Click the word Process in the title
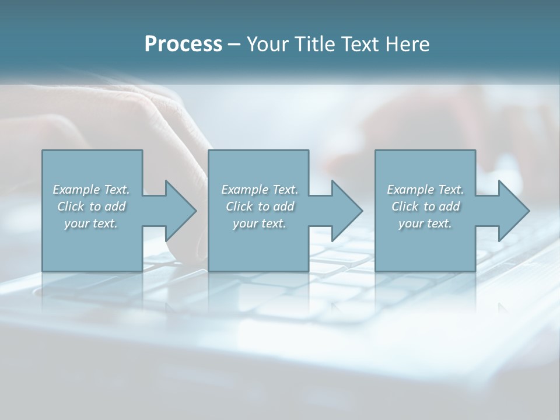click(183, 44)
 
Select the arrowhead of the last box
click(513, 211)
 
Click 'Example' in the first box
click(76, 190)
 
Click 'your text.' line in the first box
click(91, 223)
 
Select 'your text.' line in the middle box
click(259, 223)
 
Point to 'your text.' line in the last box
click(425, 223)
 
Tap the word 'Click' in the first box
click(71, 206)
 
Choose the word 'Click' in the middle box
click(239, 206)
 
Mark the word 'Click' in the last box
click(405, 206)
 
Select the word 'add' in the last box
click(450, 206)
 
